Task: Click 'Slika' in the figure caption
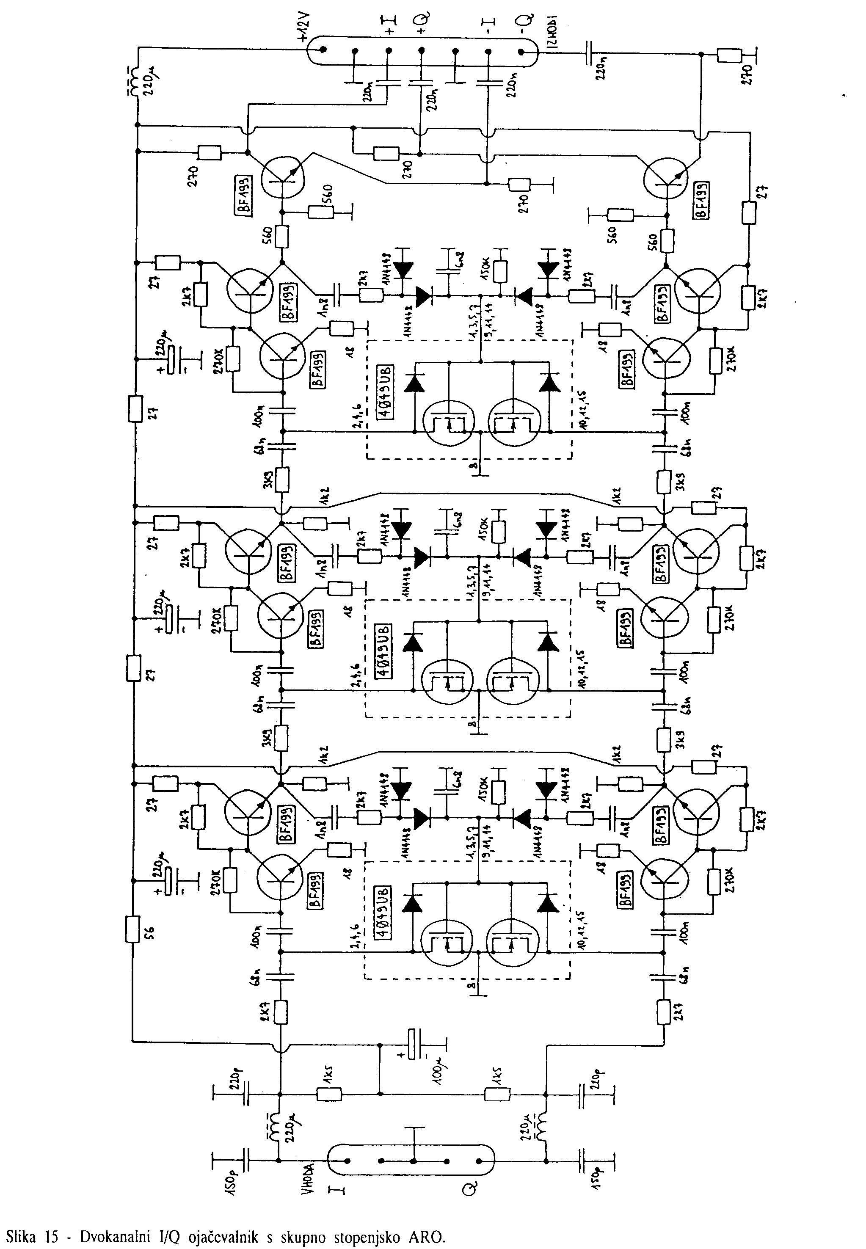tap(22, 1233)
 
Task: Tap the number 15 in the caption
tap(52, 1233)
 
